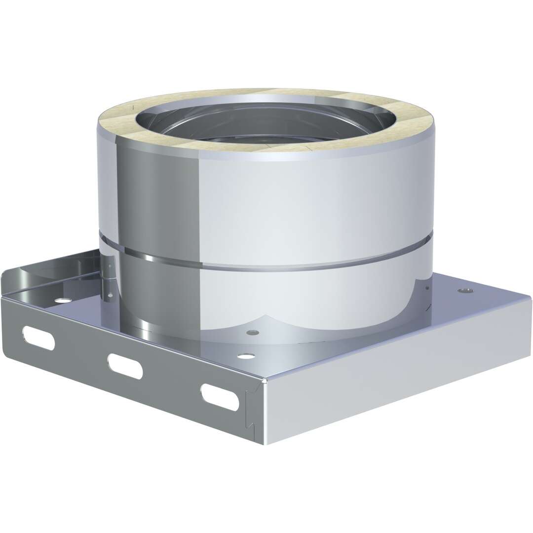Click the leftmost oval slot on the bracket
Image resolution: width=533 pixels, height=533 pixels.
coord(38,338)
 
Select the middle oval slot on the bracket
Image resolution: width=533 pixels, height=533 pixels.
coord(125,366)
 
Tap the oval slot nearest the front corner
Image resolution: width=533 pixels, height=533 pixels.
coord(220,397)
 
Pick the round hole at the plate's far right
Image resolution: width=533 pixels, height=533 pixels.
coord(465,291)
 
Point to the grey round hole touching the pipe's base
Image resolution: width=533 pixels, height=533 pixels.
coord(253,332)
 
